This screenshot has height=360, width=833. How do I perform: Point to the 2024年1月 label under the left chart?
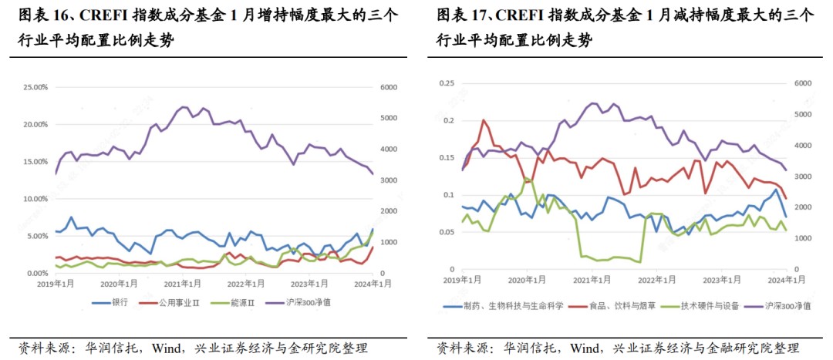click(373, 284)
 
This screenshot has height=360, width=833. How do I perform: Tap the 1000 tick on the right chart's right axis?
click(803, 238)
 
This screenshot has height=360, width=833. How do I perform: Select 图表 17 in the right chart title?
click(463, 15)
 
